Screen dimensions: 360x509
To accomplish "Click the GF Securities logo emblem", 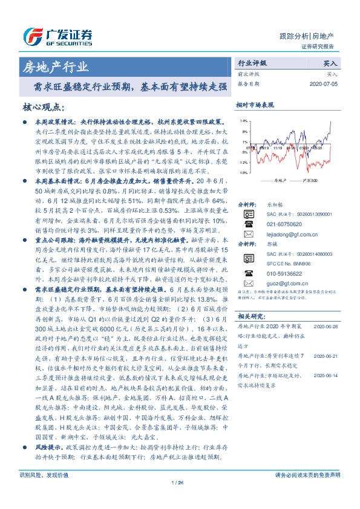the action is (31, 35).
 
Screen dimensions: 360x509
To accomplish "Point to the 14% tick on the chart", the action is (243, 122).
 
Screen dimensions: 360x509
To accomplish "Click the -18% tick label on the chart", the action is (243, 172).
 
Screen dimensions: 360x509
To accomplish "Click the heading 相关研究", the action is (253, 316).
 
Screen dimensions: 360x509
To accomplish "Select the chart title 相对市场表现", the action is (255, 105).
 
